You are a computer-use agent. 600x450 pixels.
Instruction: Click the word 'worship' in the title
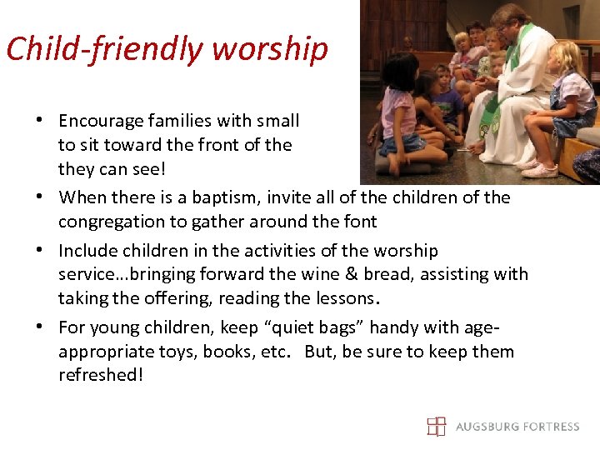pyautogui.click(x=269, y=49)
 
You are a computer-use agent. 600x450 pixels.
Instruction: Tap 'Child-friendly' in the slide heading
pyautogui.click(x=105, y=49)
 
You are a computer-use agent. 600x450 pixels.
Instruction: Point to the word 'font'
pyautogui.click(x=361, y=222)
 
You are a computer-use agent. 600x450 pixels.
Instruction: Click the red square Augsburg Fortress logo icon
pyautogui.click(x=437, y=427)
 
